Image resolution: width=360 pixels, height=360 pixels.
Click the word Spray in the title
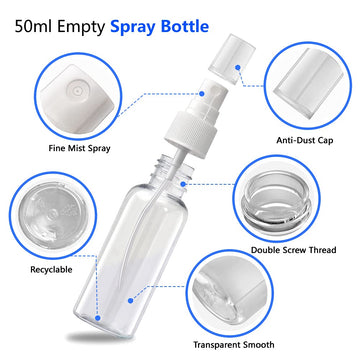pos(133,27)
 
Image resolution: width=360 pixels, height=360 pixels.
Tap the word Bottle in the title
pos(185,26)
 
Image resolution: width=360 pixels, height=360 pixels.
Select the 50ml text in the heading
pos(33,27)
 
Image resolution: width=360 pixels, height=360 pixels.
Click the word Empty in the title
pos(81,28)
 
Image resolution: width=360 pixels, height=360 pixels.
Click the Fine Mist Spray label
pos(79,148)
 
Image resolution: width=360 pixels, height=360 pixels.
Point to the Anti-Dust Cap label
pos(304,140)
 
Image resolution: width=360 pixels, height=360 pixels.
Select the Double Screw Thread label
pos(294,250)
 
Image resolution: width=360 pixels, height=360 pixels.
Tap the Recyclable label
pos(51,269)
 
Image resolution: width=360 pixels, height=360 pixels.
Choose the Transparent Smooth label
pos(234,344)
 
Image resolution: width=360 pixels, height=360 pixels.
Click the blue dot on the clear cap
pos(238,67)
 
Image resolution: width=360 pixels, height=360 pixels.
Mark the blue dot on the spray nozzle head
pos(202,94)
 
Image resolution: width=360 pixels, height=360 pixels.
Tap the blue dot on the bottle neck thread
pos(183,184)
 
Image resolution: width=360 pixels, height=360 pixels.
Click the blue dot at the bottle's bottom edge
pos(97,318)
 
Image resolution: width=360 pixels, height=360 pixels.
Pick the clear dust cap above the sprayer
pos(232,58)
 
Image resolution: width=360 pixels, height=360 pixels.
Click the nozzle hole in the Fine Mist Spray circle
pos(78,91)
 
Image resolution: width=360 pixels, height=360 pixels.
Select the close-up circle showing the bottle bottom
pos(53,215)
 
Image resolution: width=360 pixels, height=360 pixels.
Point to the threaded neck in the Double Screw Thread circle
pos(277,199)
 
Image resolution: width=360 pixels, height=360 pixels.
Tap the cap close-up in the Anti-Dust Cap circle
pos(308,83)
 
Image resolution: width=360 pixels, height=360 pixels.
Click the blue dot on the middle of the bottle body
pos(131,301)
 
